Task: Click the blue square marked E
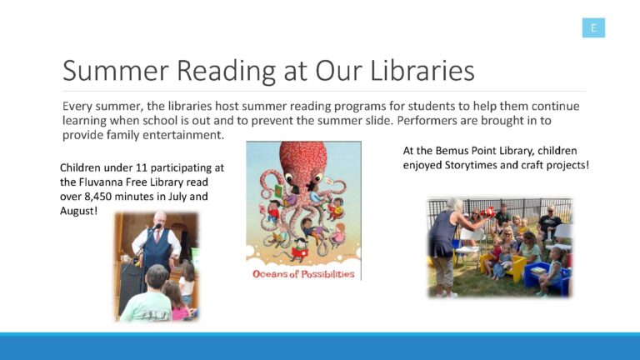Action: pyautogui.click(x=593, y=27)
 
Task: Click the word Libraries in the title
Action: pyautogui.click(x=422, y=71)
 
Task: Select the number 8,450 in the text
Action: pyautogui.click(x=97, y=197)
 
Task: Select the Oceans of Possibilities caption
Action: pyautogui.click(x=303, y=274)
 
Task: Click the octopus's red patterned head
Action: pyautogui.click(x=302, y=157)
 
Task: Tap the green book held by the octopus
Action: pyautogui.click(x=279, y=191)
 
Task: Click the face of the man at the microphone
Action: pyautogui.click(x=160, y=221)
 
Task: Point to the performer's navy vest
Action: pyautogui.click(x=157, y=249)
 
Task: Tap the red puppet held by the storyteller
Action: pyautogui.click(x=488, y=212)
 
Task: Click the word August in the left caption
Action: pyautogui.click(x=77, y=211)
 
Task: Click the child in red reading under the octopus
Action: pyautogui.click(x=300, y=250)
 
